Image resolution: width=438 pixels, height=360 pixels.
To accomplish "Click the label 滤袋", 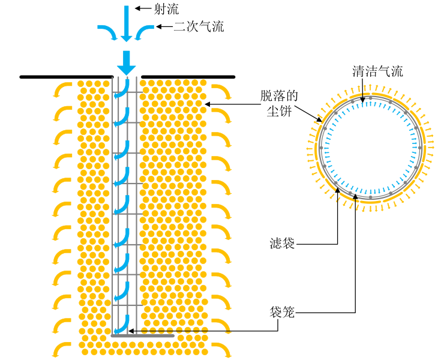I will point(281,244).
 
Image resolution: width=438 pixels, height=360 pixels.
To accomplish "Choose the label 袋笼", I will point(281,312).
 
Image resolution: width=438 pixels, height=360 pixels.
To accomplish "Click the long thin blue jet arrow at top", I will point(126,22).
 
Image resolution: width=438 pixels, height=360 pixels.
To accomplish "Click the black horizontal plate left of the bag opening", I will point(66,77).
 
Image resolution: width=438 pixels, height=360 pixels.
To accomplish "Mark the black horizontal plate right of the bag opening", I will point(187,77).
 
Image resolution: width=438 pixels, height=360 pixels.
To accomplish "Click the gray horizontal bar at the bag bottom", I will point(143,336).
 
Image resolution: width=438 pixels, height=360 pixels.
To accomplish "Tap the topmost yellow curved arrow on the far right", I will point(223,90).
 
